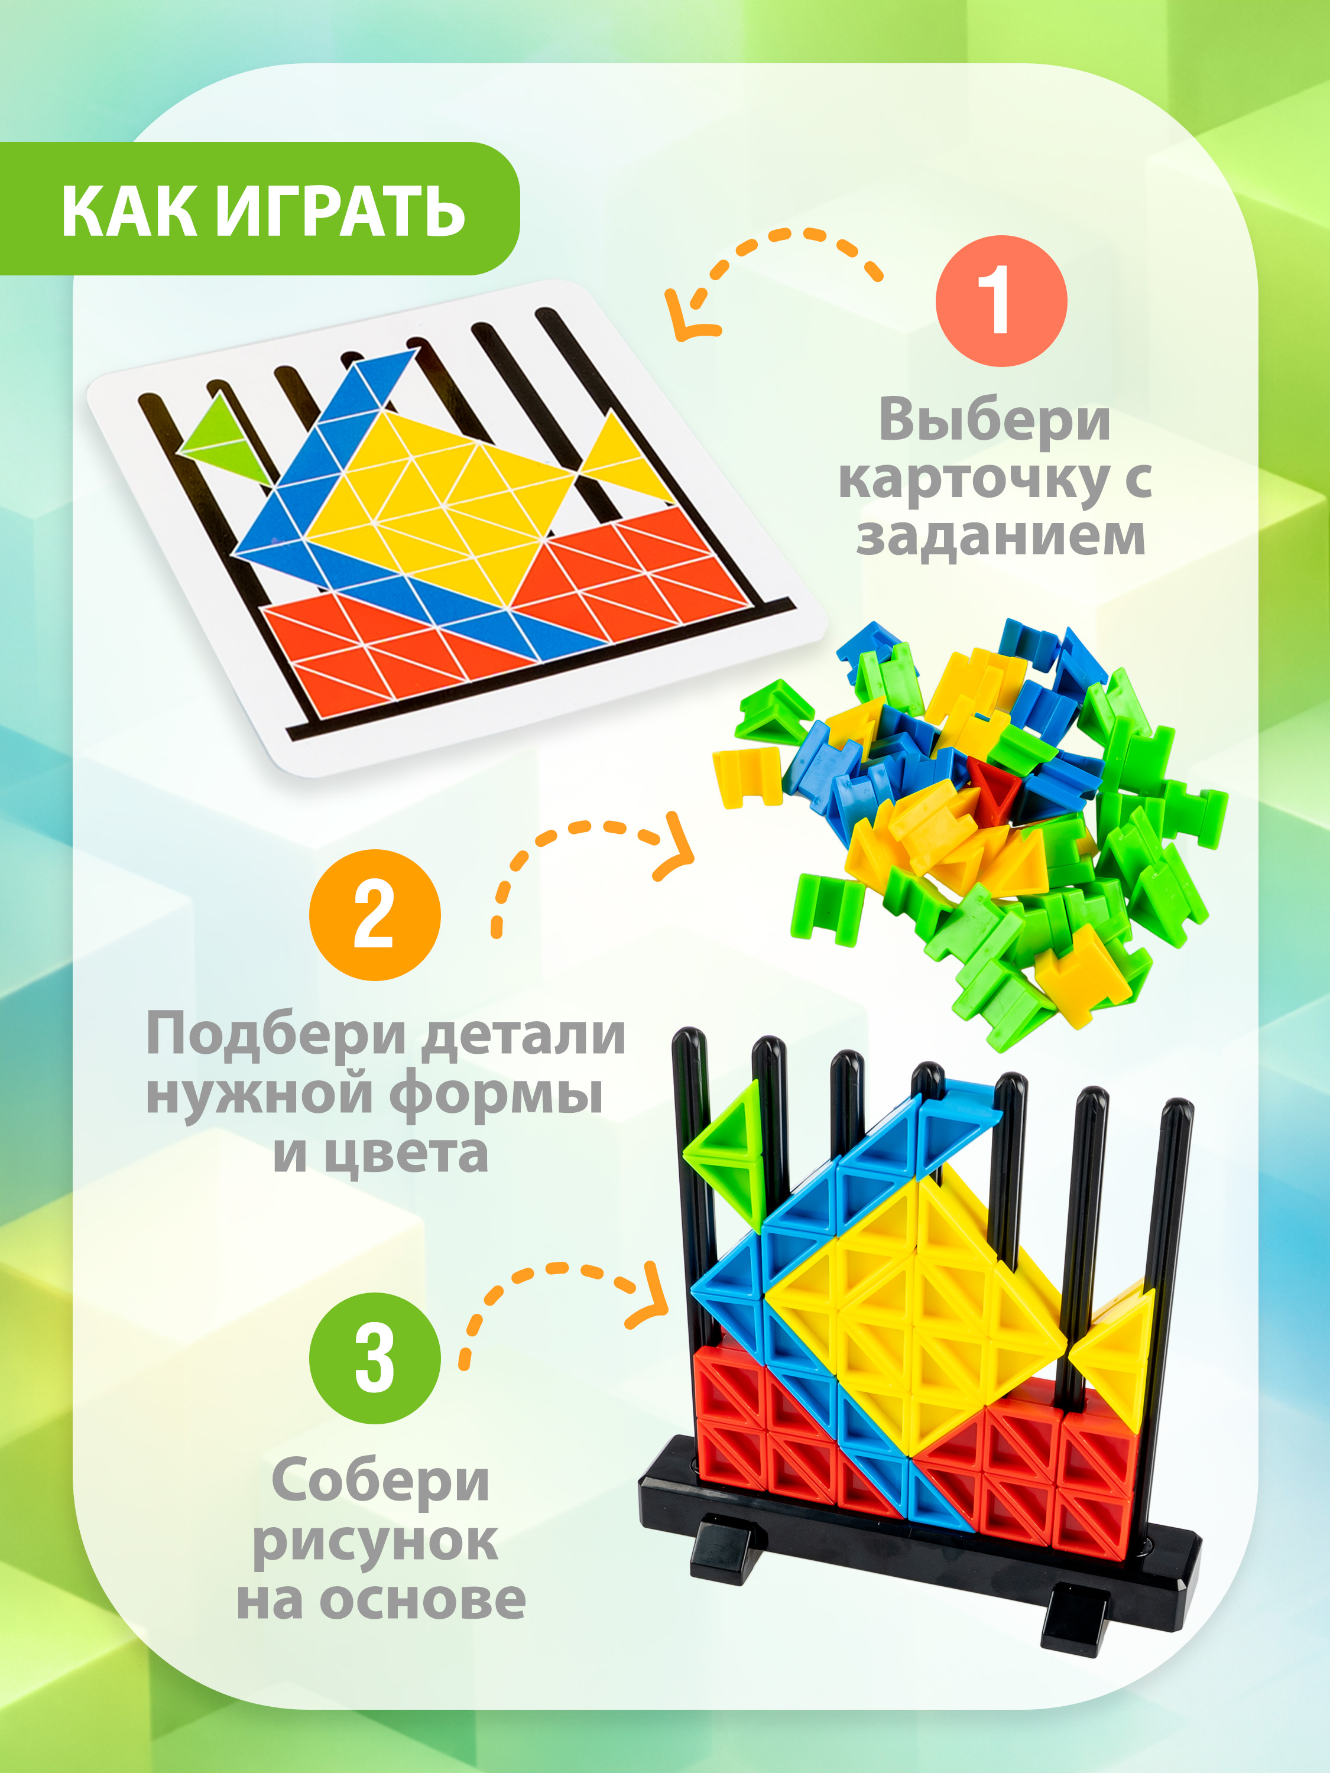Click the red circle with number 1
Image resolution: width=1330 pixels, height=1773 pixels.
[1001, 301]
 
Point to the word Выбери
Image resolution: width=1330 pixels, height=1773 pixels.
[994, 420]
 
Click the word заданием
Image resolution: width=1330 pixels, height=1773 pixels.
[1001, 535]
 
